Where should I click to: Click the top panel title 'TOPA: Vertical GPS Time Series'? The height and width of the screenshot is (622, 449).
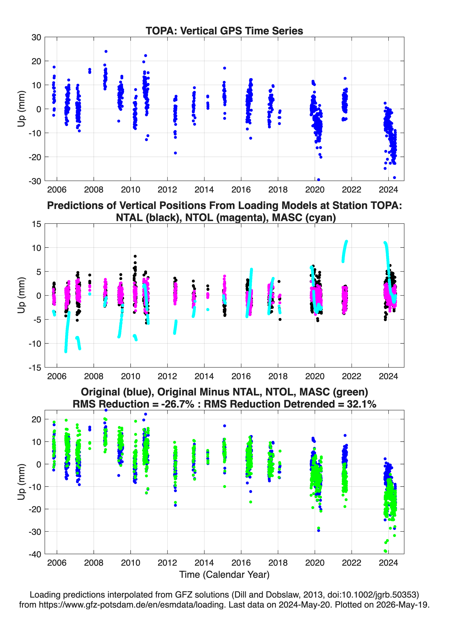[224, 31]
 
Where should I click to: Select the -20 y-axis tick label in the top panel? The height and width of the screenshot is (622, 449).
[35, 157]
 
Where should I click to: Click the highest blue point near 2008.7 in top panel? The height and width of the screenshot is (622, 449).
[106, 51]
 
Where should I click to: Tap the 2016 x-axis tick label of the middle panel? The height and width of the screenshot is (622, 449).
[241, 376]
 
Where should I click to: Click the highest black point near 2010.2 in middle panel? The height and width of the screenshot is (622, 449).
[135, 256]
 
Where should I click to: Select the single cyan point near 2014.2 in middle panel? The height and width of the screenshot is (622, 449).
[208, 310]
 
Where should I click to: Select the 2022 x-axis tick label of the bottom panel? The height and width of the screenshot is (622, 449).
[351, 563]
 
